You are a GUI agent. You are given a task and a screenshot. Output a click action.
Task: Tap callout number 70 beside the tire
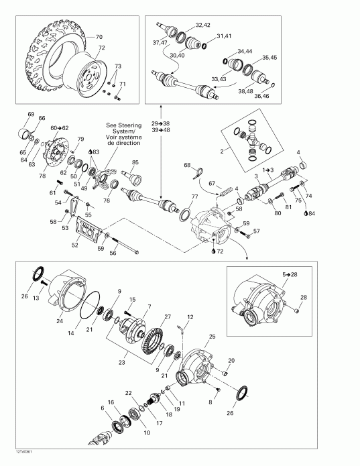[x=99, y=36]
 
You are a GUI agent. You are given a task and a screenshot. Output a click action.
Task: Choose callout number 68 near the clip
[x=187, y=166]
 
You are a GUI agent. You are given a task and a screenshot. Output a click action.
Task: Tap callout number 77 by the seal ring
[x=194, y=196]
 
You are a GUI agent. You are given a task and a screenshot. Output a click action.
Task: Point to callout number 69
[x=30, y=114]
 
